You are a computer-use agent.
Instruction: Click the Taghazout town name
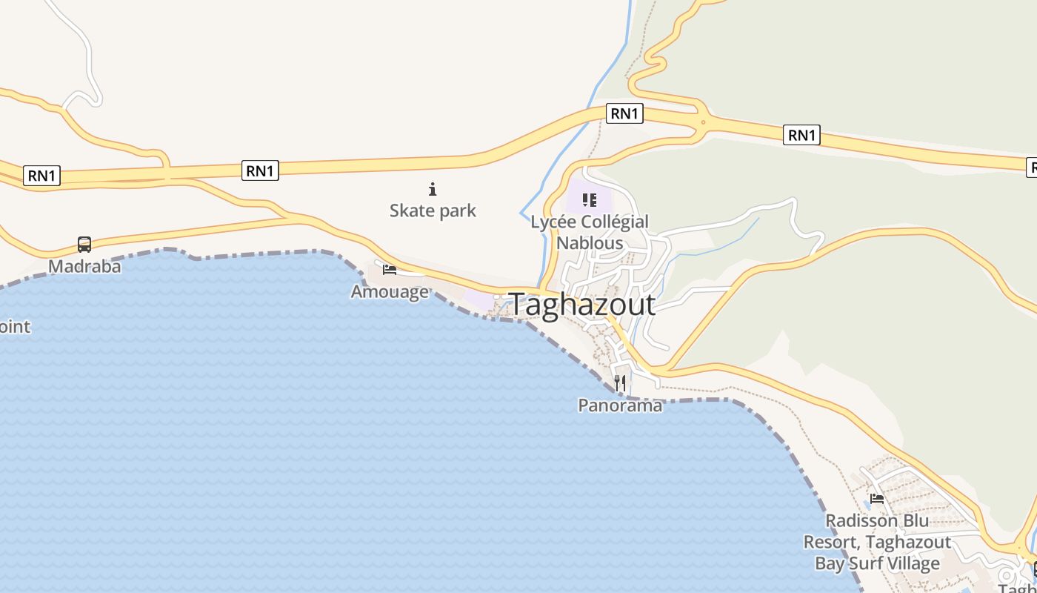point(582,305)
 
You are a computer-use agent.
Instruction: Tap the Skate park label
point(433,211)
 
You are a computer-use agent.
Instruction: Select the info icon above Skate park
point(433,189)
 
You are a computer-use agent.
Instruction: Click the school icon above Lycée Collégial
point(590,199)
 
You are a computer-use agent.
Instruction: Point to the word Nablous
point(590,242)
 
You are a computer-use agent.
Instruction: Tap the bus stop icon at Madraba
point(84,245)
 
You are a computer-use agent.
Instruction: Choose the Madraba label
point(84,266)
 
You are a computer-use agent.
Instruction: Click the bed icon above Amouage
point(390,269)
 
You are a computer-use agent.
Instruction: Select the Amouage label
point(390,291)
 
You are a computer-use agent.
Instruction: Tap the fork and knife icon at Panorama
point(620,383)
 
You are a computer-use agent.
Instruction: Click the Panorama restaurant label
point(620,405)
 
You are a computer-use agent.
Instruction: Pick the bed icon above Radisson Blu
point(877,498)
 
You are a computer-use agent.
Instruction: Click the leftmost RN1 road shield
point(41,176)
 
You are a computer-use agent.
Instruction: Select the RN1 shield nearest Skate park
point(260,170)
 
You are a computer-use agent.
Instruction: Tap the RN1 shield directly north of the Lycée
point(624,113)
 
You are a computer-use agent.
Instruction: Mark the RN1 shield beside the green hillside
point(801,135)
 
